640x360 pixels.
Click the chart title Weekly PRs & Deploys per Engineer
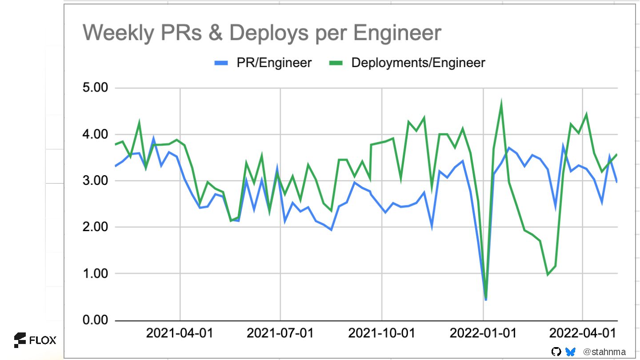tap(262, 33)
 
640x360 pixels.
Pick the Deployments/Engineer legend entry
tap(407, 63)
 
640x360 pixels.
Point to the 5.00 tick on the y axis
tap(96, 88)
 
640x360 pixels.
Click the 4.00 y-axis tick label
tap(96, 134)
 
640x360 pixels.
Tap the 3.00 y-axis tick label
tap(96, 181)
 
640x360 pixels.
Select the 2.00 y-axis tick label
tap(96, 227)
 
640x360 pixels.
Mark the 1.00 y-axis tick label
tap(96, 274)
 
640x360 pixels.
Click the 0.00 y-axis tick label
tap(96, 320)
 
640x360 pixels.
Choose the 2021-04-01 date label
tap(180, 333)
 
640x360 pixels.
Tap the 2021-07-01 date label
tap(280, 333)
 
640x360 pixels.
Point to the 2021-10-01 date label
tap(381, 333)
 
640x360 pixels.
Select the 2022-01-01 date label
tap(483, 333)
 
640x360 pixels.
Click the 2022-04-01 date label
tap(582, 333)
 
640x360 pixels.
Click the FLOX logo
tap(35, 340)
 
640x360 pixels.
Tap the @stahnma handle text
tap(604, 352)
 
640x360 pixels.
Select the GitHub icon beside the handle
tap(556, 352)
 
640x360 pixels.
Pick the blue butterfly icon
tap(570, 352)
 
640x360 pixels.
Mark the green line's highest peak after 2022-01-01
tap(501, 103)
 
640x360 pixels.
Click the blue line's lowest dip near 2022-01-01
tap(486, 300)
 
